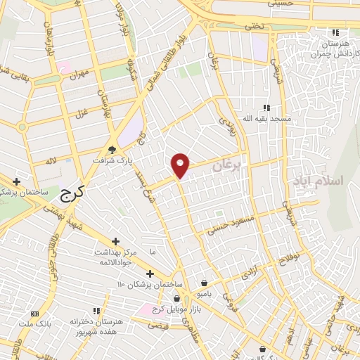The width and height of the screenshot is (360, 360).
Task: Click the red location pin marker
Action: (x=181, y=165)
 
